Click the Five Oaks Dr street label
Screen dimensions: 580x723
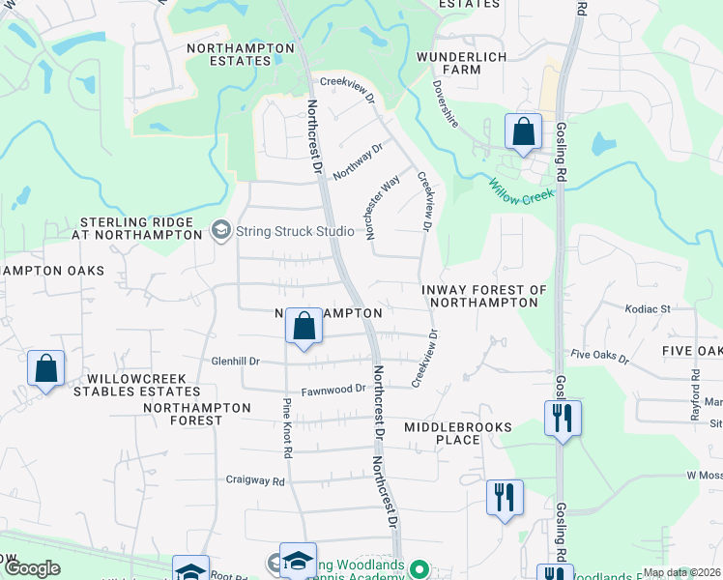click(599, 357)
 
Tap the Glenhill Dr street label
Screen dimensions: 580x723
click(236, 361)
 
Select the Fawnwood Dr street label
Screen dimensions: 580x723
click(333, 390)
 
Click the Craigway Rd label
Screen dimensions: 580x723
click(255, 479)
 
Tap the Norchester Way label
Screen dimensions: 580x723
click(382, 206)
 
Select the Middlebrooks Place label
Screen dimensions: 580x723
click(443, 432)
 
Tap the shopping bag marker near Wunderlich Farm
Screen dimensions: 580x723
click(523, 132)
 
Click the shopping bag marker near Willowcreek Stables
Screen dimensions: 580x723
click(45, 368)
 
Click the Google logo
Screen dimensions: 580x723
click(32, 568)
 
